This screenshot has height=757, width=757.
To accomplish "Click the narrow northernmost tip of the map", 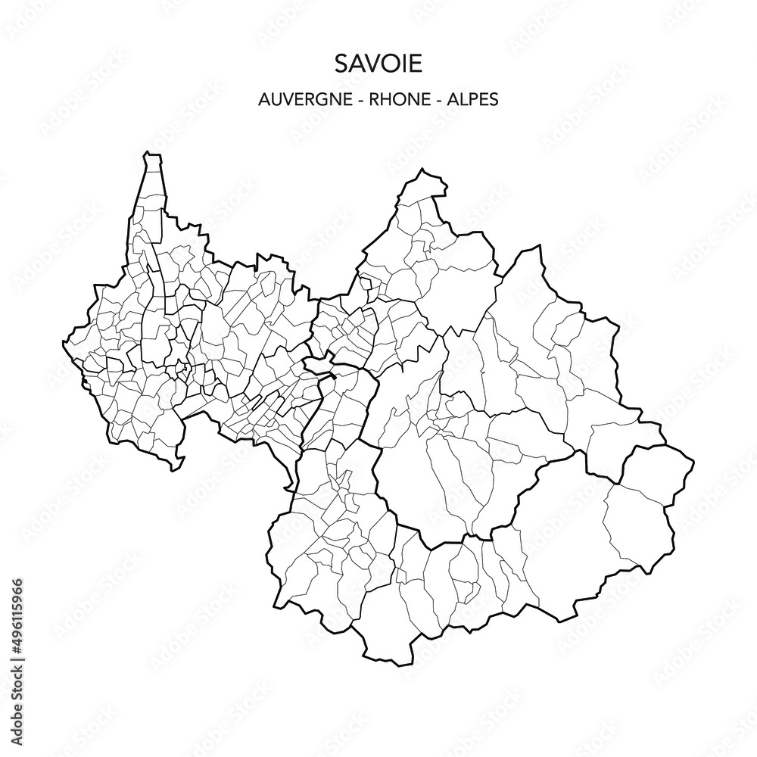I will (x=153, y=156).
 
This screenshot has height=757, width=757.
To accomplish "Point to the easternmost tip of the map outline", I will (x=693, y=461).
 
